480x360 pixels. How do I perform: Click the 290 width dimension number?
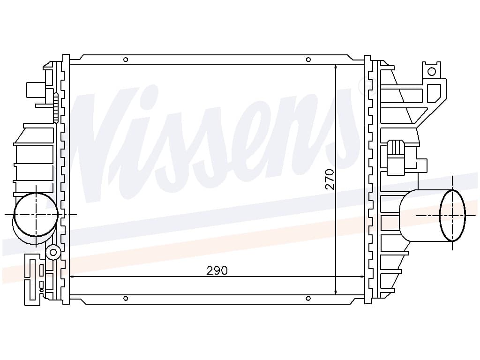coord(217,270)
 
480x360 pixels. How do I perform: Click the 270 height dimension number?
coord(330,179)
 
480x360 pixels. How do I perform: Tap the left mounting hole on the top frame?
coord(125,60)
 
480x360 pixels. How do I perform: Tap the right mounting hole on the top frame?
coord(308,60)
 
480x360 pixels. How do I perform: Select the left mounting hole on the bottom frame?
coord(125,299)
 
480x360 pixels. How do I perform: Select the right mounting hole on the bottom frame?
coord(308,299)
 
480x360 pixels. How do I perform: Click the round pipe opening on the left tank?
coord(36,214)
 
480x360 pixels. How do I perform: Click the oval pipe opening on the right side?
coord(452,215)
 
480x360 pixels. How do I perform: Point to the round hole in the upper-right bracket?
coord(432,72)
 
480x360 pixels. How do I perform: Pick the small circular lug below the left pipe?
coord(53,252)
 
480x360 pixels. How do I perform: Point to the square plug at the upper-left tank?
coord(35,90)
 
